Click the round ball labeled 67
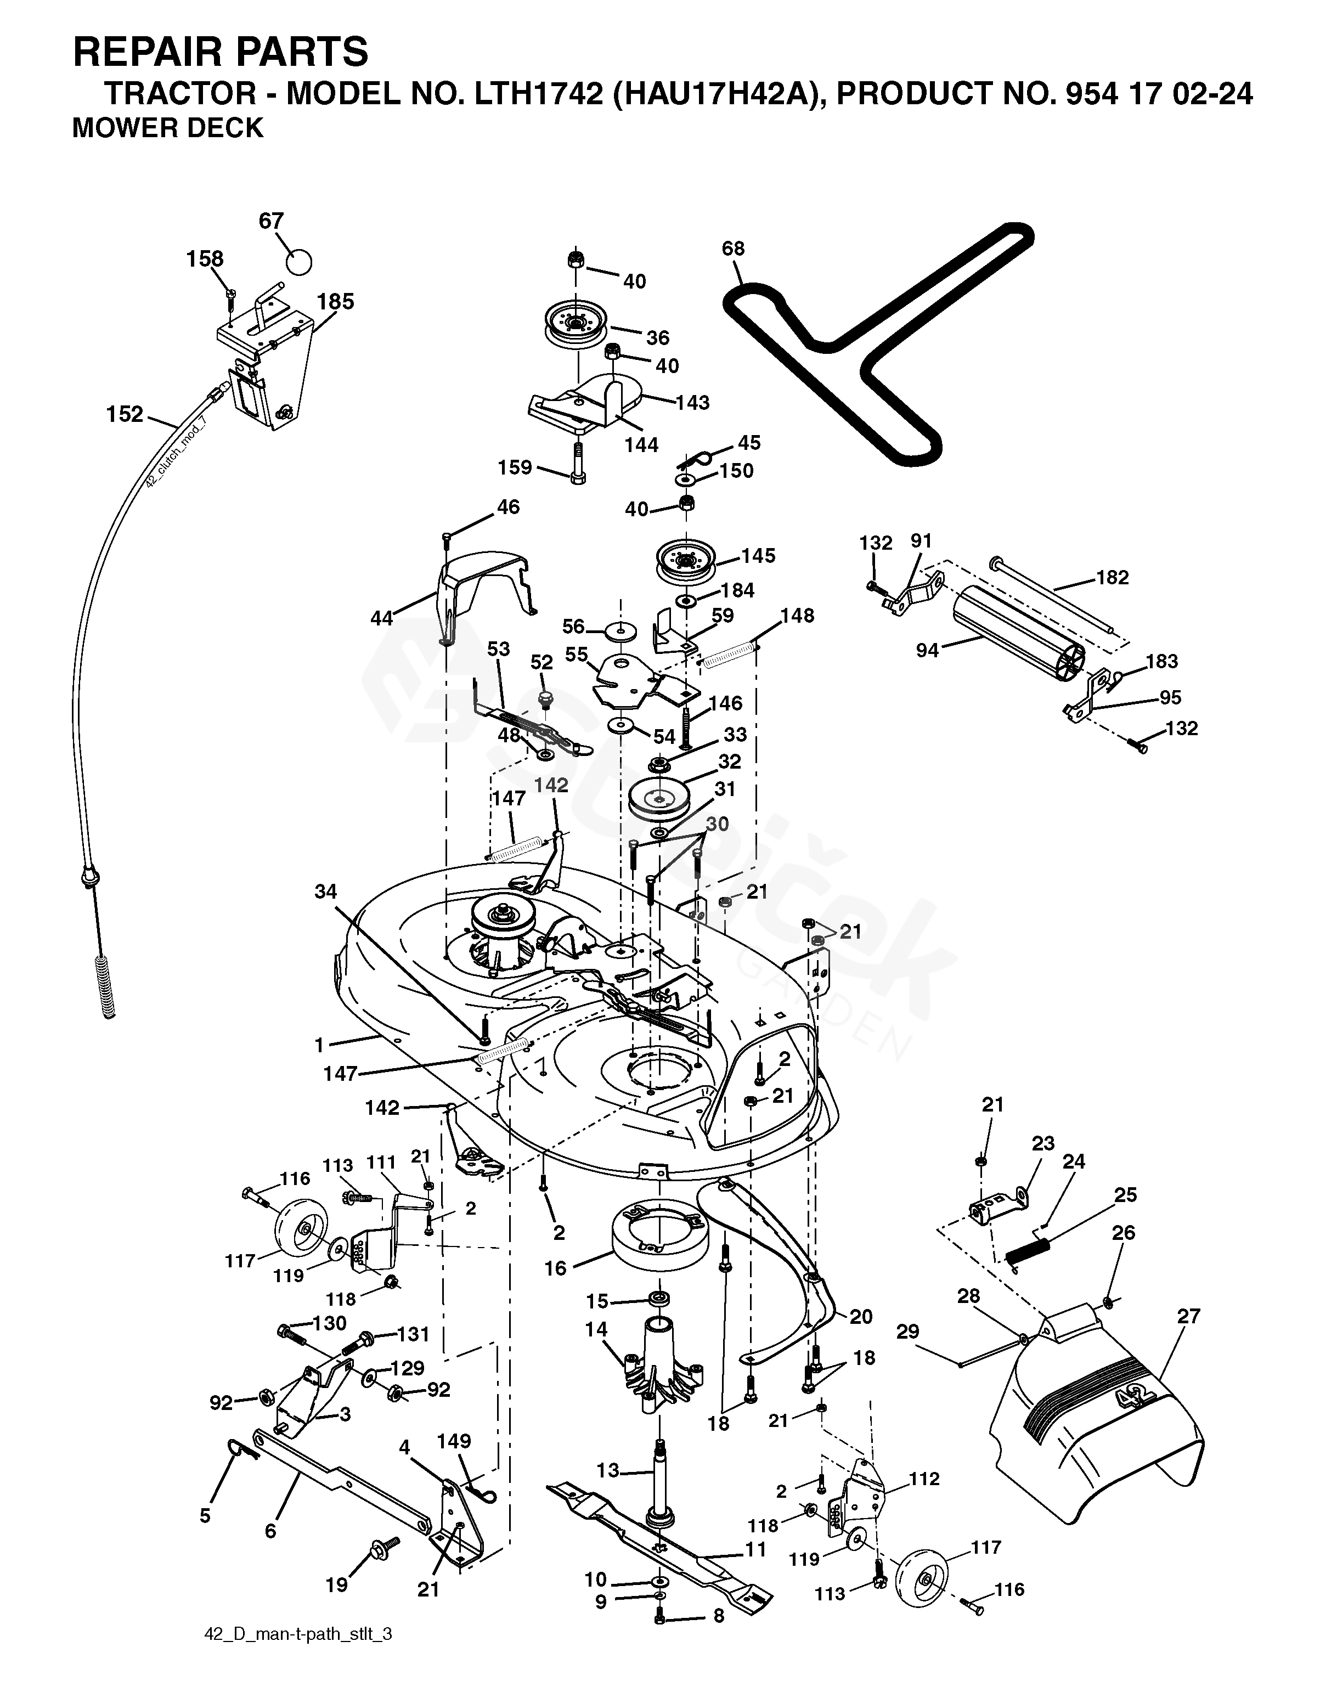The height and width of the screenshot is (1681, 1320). coord(298,261)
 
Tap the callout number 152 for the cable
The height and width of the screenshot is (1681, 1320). coord(125,415)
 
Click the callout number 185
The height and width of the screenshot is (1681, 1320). coord(335,301)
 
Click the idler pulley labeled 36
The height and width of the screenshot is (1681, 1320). coord(576,323)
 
